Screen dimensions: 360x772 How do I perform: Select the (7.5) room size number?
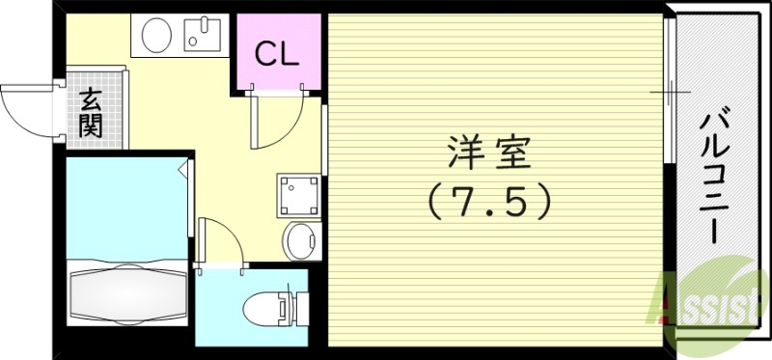489,200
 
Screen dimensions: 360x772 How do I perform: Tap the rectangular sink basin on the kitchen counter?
203,37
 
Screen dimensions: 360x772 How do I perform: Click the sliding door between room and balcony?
668,92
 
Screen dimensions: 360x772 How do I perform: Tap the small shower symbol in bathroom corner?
182,169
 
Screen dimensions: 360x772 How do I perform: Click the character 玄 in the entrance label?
92,98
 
